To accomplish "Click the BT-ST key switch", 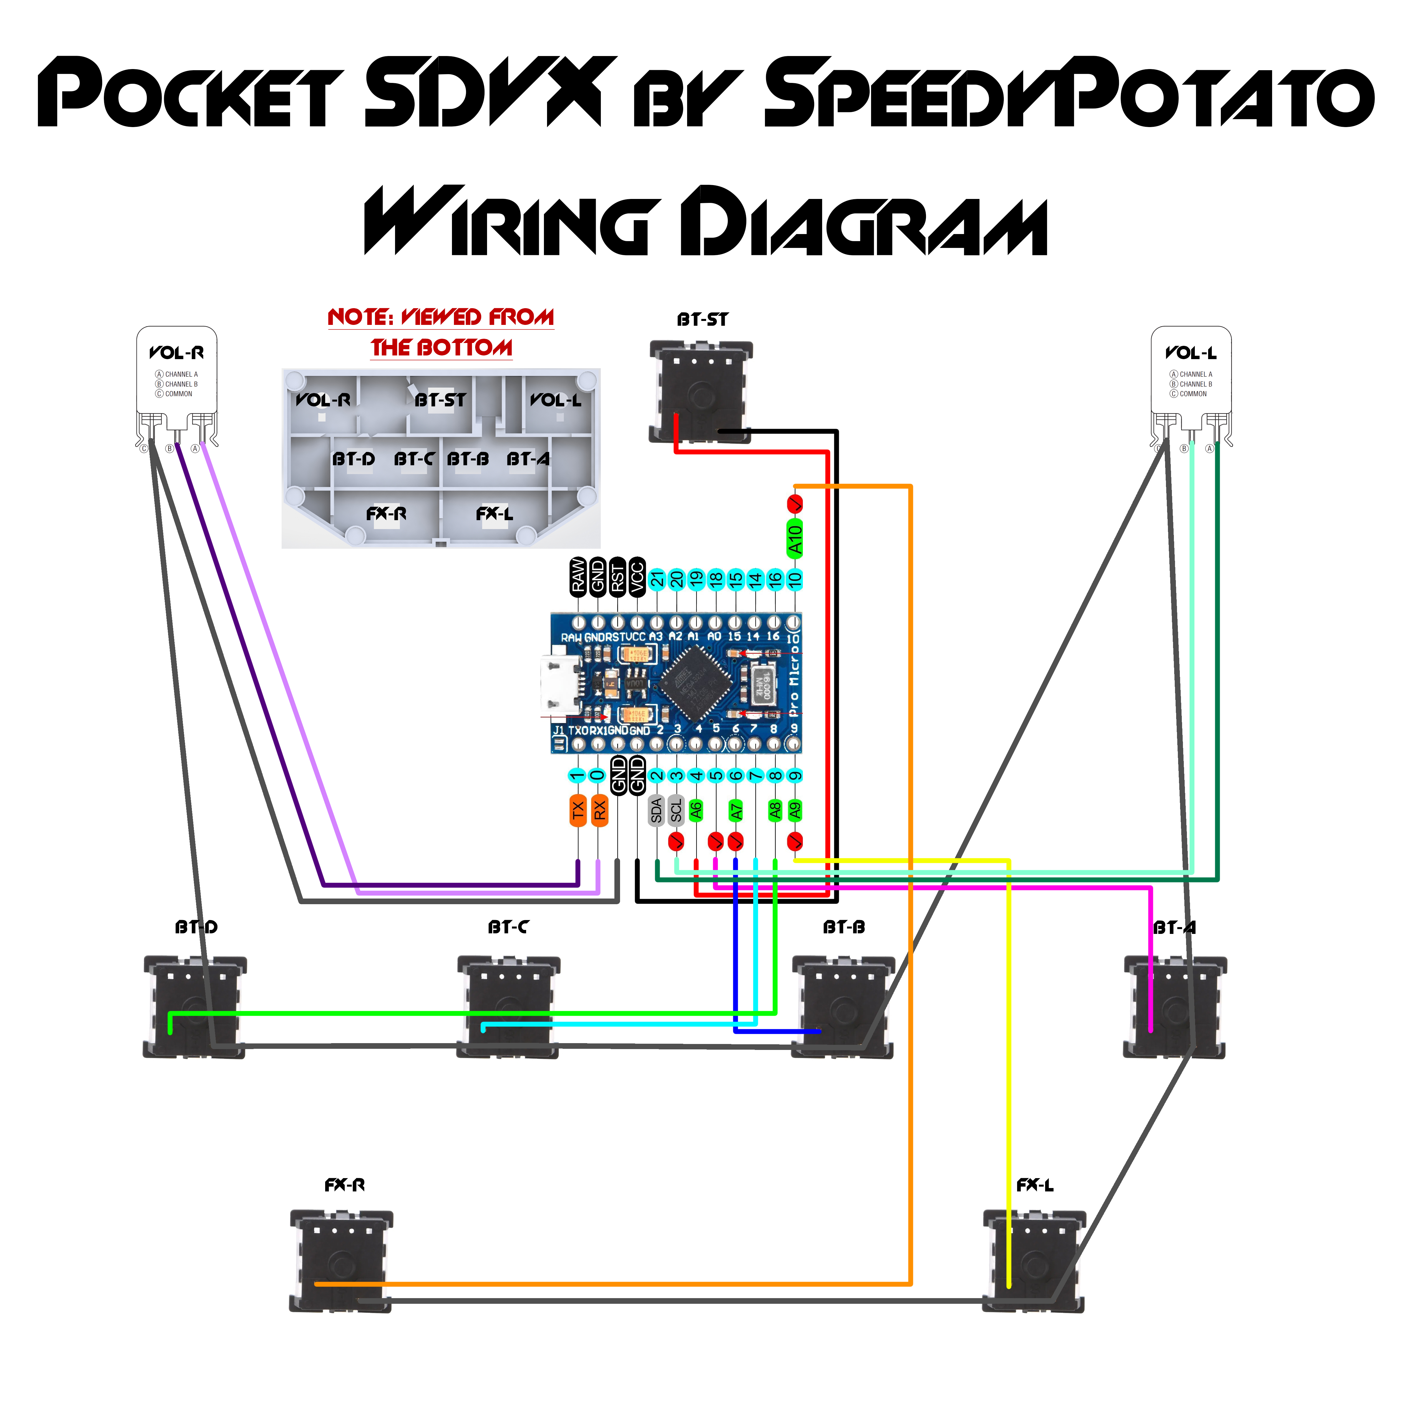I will pos(701,392).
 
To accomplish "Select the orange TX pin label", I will pos(578,810).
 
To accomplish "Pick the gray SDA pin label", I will pos(656,810).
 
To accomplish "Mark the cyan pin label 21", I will pos(657,579).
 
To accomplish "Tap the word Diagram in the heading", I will pos(864,221).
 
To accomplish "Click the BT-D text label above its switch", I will pos(196,927).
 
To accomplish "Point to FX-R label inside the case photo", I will pos(386,513).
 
